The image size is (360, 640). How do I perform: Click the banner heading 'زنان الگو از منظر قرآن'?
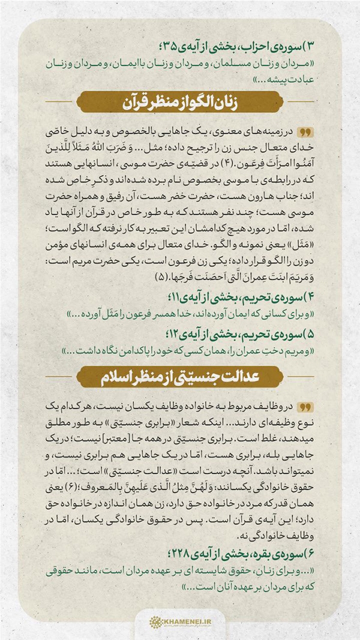[x=180, y=102]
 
